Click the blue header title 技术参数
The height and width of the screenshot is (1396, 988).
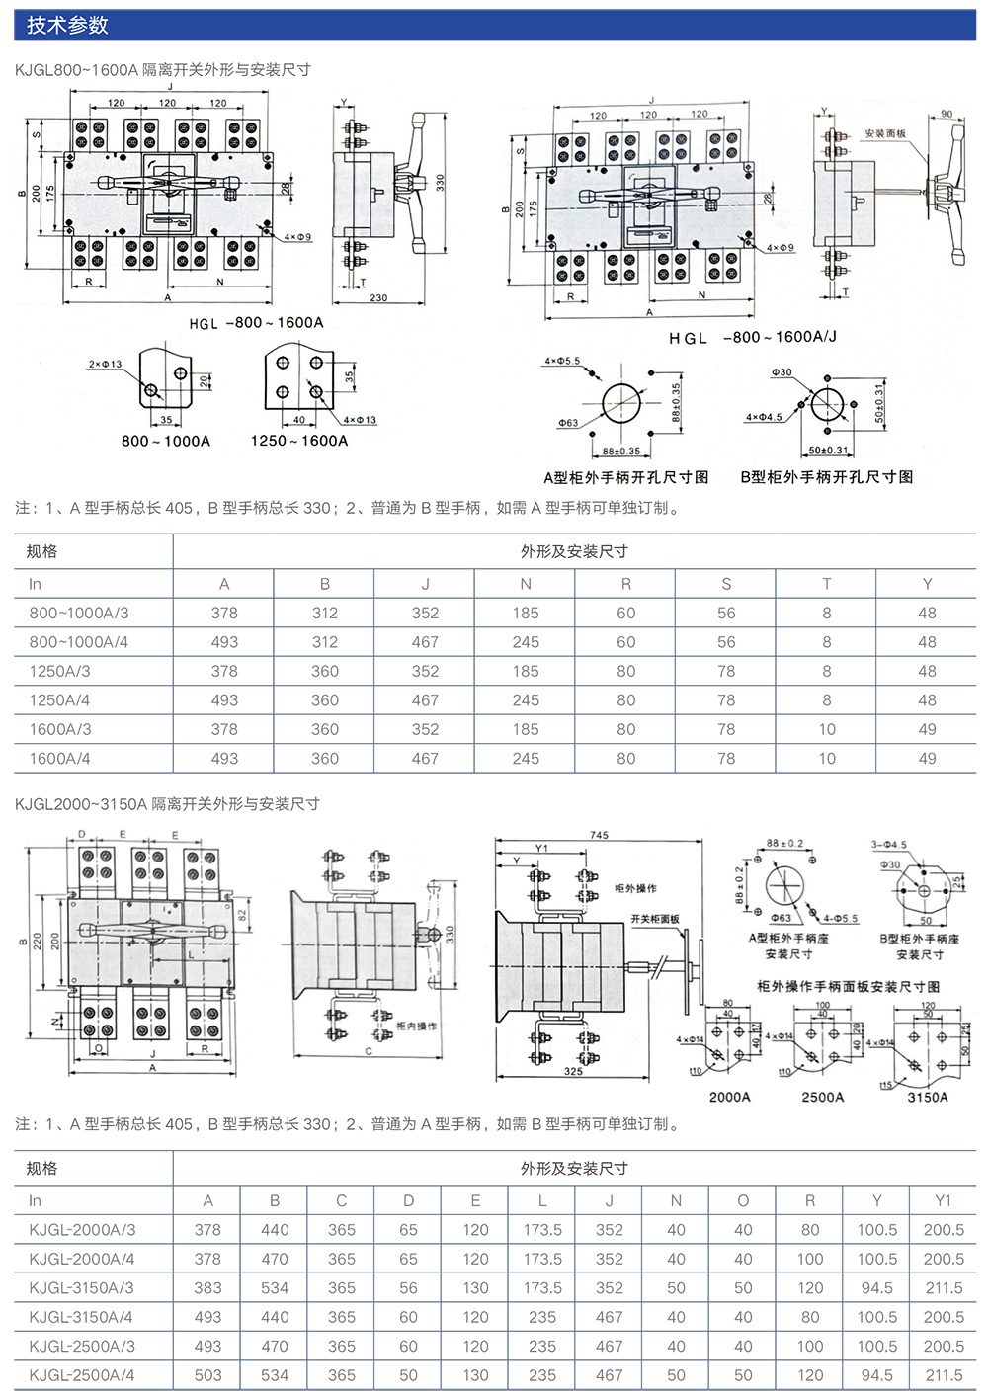click(67, 26)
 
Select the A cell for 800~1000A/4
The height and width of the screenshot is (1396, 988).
click(224, 642)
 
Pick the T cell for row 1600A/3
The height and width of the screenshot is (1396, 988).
click(826, 729)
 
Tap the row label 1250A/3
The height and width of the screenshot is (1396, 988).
click(59, 671)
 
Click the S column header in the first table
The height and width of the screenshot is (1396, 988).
click(726, 584)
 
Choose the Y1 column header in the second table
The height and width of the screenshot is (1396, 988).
click(944, 1200)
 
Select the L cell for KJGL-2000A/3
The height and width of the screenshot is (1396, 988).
click(542, 1230)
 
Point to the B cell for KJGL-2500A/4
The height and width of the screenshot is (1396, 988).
click(275, 1375)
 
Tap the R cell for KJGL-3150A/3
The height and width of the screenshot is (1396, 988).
click(810, 1288)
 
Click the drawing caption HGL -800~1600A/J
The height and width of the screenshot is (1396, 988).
click(752, 338)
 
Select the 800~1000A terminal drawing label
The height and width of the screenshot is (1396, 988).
click(166, 441)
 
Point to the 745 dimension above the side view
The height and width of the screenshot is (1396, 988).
click(599, 835)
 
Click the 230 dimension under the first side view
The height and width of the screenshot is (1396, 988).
click(378, 297)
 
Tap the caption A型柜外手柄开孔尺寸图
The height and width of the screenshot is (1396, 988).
click(626, 477)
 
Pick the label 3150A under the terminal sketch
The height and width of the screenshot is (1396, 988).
click(928, 1097)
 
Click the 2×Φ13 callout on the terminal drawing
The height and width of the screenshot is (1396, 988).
click(105, 365)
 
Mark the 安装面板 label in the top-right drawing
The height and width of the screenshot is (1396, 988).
click(885, 133)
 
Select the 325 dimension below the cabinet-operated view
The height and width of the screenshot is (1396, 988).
click(573, 1071)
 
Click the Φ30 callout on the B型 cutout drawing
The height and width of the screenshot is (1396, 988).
click(782, 372)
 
